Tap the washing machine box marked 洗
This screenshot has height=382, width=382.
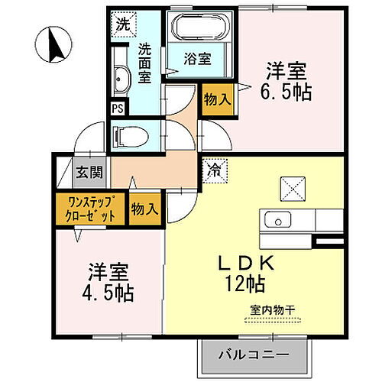(122, 24)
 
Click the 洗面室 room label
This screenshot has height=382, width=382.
(144, 61)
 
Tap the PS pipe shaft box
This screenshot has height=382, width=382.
(118, 108)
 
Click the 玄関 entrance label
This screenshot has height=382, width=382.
(84, 172)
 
